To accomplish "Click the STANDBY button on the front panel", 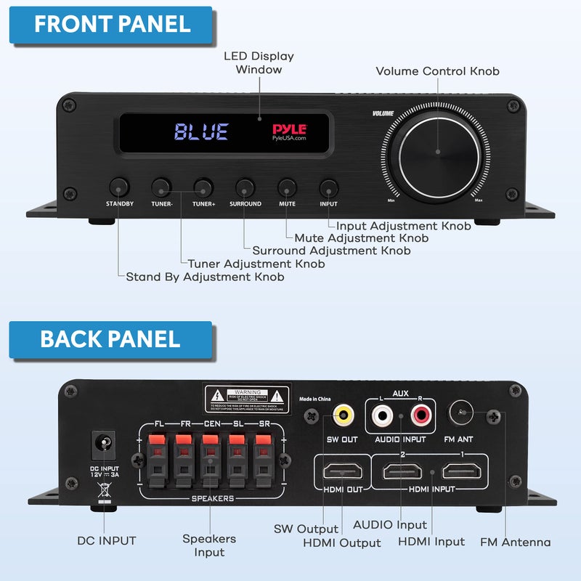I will [119, 185].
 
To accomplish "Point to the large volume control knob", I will [438, 153].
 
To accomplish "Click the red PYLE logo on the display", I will [289, 129].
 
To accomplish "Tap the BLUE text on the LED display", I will [201, 132].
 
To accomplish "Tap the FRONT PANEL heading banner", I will [111, 24].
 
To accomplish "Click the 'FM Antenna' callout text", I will [516, 542].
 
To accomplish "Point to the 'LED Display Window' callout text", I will [259, 62].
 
